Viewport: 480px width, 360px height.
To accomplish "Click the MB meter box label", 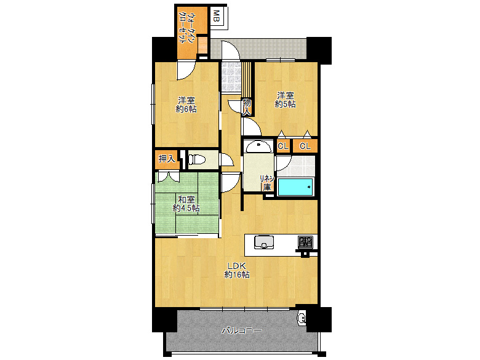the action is tap(217, 16).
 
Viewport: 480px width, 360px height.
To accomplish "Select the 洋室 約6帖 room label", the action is tap(186, 105).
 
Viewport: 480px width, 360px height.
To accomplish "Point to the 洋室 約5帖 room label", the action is tap(286, 100).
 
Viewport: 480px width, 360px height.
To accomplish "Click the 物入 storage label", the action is tap(247, 107).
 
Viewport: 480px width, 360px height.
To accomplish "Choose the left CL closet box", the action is tap(283, 146).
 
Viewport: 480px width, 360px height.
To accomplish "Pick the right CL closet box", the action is tap(305, 146).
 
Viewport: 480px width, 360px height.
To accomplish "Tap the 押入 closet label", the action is tap(167, 159).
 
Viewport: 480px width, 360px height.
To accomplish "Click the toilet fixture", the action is tap(197, 159).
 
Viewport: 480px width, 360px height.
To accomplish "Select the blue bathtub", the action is tap(295, 186).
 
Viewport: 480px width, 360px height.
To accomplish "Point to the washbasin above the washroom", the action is tap(258, 146).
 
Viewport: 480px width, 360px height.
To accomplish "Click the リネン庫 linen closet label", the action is tap(267, 183).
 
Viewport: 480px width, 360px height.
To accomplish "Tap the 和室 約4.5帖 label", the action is tap(186, 204).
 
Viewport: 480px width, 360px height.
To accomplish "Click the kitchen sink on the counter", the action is tap(264, 242).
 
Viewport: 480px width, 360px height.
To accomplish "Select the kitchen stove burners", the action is tap(306, 242).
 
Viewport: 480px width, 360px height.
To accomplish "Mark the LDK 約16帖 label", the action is tap(237, 270).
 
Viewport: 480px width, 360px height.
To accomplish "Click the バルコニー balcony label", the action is tap(242, 330).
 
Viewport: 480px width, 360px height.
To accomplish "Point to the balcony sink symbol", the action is tap(301, 318).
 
